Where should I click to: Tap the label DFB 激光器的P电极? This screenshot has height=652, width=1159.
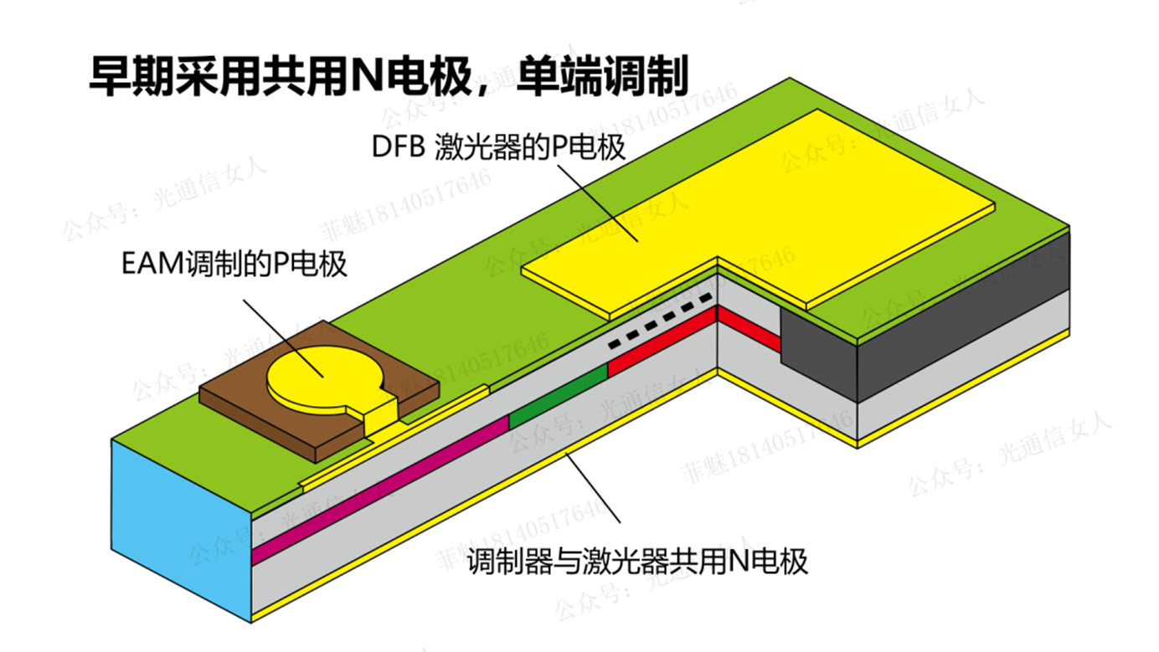tap(499, 148)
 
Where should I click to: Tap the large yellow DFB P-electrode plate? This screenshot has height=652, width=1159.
tap(754, 209)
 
